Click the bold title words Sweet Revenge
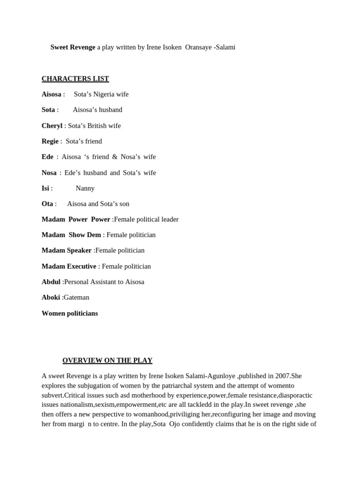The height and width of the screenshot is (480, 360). coord(73,47)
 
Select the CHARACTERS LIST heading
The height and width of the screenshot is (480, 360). coord(75,79)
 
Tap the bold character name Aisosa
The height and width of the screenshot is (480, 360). coord(51,94)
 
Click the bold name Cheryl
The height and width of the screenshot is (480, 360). coord(52,126)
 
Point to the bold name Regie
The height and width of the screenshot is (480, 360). coord(50,141)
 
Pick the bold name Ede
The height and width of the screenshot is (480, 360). coord(47,157)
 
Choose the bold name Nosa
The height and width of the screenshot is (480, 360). coord(49,172)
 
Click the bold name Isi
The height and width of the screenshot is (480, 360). coord(45,188)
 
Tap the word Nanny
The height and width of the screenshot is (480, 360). coord(85,188)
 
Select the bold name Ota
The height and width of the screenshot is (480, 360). coord(47,203)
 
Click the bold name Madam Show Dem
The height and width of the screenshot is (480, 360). coord(71,235)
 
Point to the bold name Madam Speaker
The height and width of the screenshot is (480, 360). coord(67,250)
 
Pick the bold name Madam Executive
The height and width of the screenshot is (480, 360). coord(69,266)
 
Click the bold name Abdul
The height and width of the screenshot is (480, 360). coord(51,282)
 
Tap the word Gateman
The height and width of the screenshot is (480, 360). coord(76,297)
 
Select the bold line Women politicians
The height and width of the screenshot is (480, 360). coord(70,313)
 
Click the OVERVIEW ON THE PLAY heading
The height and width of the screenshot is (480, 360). coord(107,360)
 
